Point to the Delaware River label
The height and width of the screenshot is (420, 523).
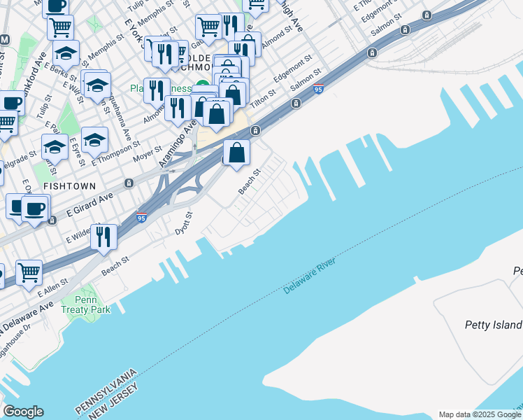(310, 276)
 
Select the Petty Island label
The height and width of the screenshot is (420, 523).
(494, 325)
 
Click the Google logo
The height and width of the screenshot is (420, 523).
(23, 412)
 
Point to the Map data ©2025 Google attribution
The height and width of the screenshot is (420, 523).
(480, 415)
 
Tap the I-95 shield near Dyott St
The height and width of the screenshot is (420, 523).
(141, 218)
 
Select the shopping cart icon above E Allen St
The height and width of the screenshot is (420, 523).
(29, 272)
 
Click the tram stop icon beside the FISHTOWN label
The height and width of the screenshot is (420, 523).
(129, 183)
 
